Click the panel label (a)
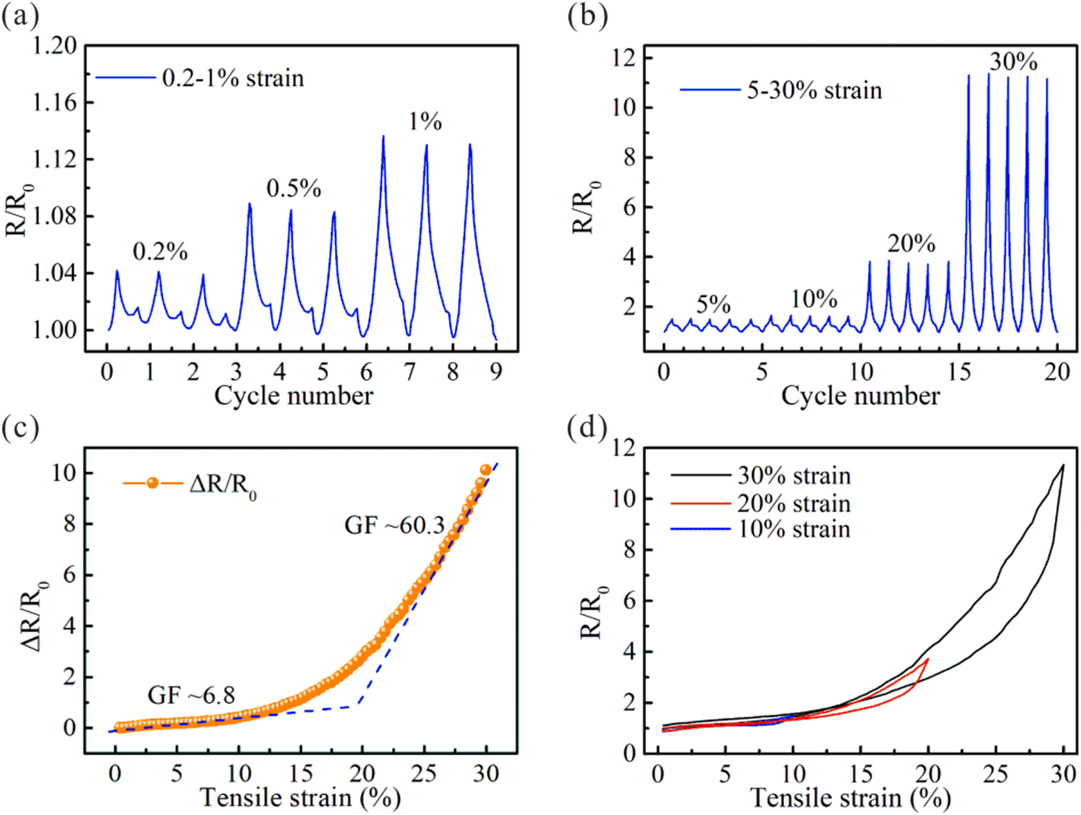(21, 17)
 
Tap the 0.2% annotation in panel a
(160, 252)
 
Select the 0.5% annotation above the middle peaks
(293, 188)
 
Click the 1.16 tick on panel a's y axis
(54, 103)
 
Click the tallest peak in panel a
(383, 137)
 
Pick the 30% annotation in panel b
(1013, 62)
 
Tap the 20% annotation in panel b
(911, 244)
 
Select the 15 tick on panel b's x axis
(959, 372)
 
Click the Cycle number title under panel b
(860, 396)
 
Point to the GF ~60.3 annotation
(394, 525)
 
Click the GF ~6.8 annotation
(191, 695)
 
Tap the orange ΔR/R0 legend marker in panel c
(153, 483)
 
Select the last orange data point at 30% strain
(485, 470)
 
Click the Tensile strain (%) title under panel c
(300, 798)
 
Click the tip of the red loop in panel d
(928, 659)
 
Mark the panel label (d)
(587, 427)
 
